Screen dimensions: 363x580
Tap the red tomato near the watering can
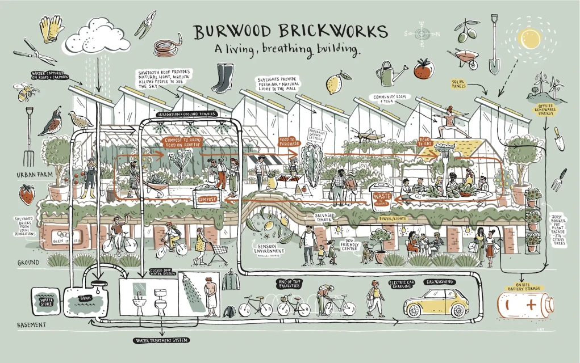(x=421, y=69)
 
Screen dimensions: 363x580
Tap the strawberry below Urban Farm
(x=26, y=195)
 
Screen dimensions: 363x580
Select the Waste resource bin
(x=380, y=196)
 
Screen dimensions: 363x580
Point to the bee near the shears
(x=26, y=91)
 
